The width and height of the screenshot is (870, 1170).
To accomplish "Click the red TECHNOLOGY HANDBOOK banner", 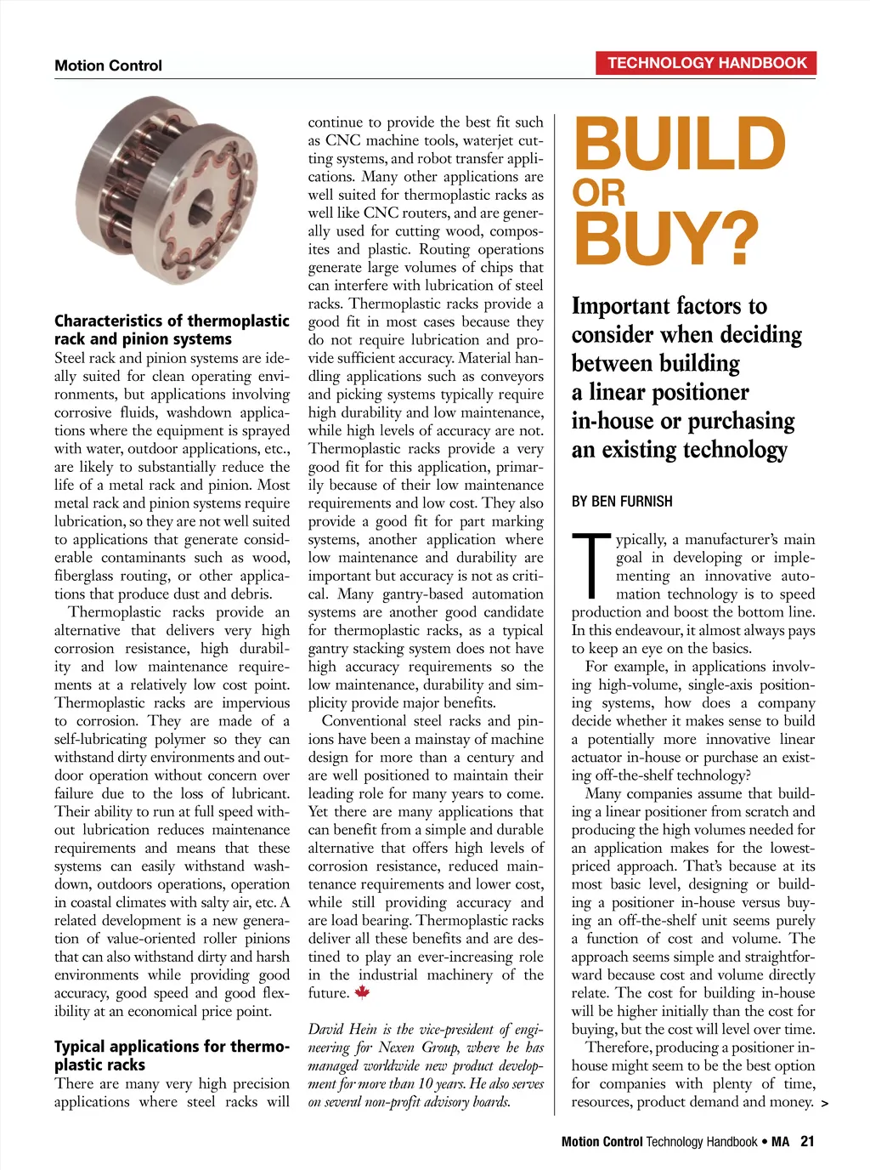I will pyautogui.click(x=707, y=63).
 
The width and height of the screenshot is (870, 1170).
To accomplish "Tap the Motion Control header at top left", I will pyautogui.click(x=108, y=65).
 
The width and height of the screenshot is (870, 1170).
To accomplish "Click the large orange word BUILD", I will pyautogui.click(x=680, y=145).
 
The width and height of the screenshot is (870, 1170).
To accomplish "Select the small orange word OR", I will pyautogui.click(x=598, y=193).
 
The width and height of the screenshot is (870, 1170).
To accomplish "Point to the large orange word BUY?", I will pyautogui.click(x=665, y=239).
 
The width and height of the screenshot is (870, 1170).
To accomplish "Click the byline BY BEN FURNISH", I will pyautogui.click(x=622, y=502).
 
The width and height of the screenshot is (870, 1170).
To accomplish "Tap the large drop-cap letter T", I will pyautogui.click(x=591, y=565).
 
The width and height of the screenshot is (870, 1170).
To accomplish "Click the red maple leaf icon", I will pyautogui.click(x=362, y=991).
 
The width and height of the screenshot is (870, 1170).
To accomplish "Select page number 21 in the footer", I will pyautogui.click(x=807, y=1142).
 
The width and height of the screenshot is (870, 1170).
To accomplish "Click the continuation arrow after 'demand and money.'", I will pyautogui.click(x=825, y=1104).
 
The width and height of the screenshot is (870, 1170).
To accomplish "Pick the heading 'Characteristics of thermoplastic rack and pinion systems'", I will pyautogui.click(x=172, y=330).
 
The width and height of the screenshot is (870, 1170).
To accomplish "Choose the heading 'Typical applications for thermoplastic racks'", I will pyautogui.click(x=172, y=1055).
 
